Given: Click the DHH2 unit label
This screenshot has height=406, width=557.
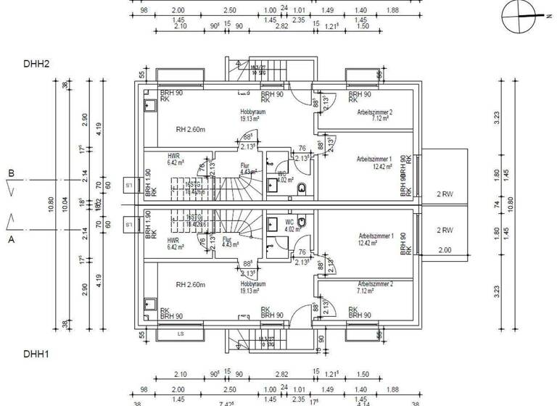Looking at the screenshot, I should click(x=36, y=65).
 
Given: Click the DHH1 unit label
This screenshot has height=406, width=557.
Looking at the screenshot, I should click(x=36, y=355).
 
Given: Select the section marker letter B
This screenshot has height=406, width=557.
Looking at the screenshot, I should click(x=11, y=173).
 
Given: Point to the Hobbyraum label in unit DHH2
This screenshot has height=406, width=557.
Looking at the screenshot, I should click(x=254, y=112).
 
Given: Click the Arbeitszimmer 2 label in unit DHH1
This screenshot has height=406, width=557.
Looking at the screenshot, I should click(x=375, y=285).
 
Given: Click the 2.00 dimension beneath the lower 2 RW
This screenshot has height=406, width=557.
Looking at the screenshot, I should click(x=445, y=250).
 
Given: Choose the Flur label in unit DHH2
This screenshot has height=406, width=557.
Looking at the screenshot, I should click(x=244, y=165).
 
